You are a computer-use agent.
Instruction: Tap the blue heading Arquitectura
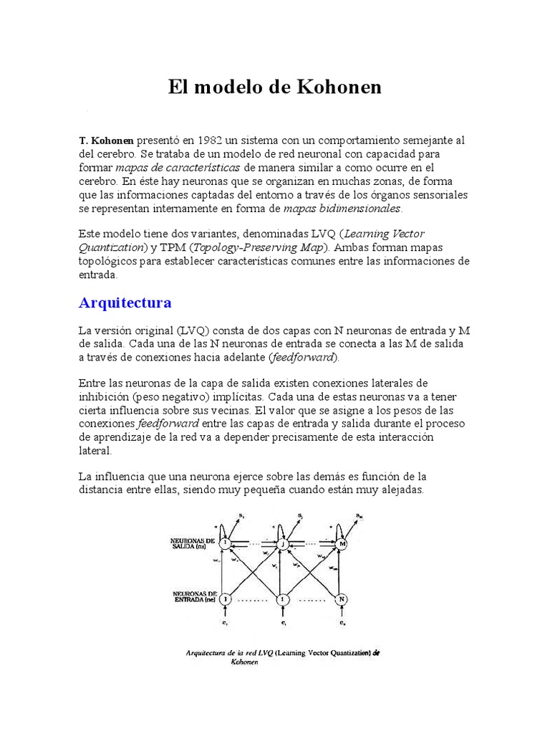click(x=125, y=302)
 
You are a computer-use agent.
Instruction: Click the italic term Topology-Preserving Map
click(x=262, y=247)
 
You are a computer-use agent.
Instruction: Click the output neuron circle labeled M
click(x=342, y=544)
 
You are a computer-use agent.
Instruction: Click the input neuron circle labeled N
click(x=342, y=598)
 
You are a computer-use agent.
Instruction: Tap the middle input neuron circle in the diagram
click(x=284, y=598)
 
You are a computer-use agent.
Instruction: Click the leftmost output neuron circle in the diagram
click(x=226, y=544)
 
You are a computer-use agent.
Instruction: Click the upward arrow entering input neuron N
click(x=342, y=614)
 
